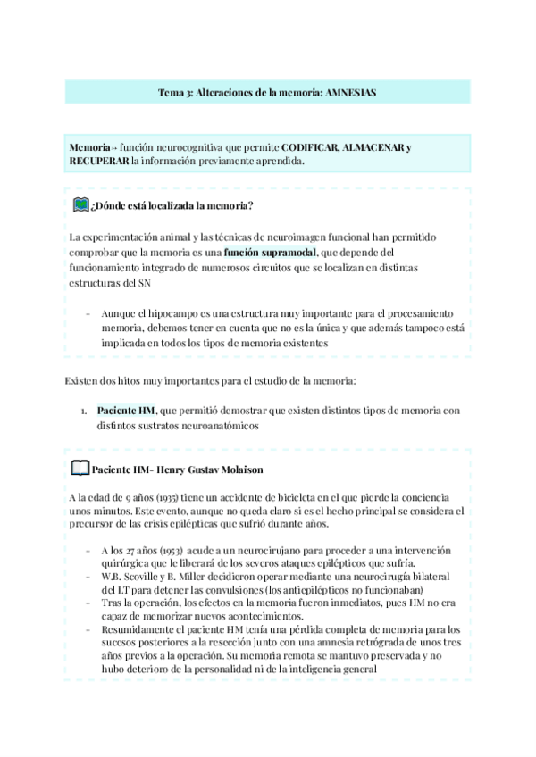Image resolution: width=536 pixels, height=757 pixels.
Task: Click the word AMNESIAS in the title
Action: point(349,92)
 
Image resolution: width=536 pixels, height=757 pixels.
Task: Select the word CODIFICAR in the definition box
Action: point(311,146)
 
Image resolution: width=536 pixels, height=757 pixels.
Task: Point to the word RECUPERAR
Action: point(98,162)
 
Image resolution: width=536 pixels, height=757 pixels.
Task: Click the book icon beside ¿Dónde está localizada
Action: point(80,205)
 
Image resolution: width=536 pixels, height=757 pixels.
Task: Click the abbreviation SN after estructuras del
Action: point(144,283)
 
